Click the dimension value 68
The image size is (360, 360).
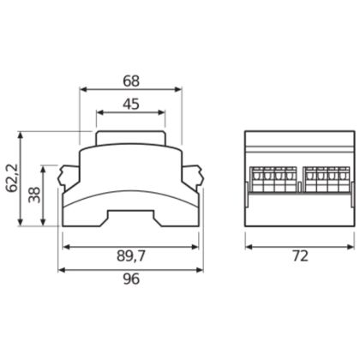[x=131, y=81]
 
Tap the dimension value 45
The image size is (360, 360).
[x=131, y=104]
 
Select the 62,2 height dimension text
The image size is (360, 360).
[x=13, y=178]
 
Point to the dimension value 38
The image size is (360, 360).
[x=34, y=195]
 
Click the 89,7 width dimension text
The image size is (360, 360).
[x=131, y=256]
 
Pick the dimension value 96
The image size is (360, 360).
[x=131, y=279]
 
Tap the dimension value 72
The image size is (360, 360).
[x=301, y=256]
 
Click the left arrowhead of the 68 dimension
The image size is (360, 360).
[x=83, y=89]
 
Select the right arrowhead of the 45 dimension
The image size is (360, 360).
[x=162, y=112]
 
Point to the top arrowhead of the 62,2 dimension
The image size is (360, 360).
[x=20, y=135]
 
